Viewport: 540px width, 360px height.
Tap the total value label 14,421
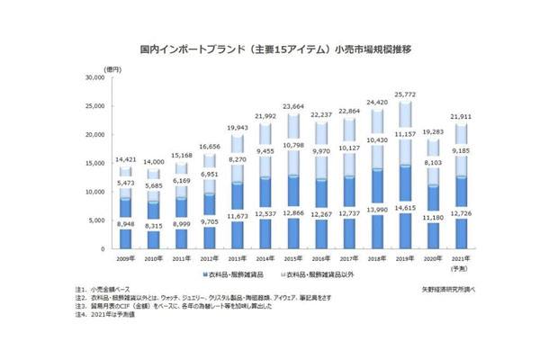coord(127,159)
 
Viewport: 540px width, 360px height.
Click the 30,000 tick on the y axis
coord(93,78)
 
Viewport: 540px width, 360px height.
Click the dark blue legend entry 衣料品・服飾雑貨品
coord(238,273)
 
